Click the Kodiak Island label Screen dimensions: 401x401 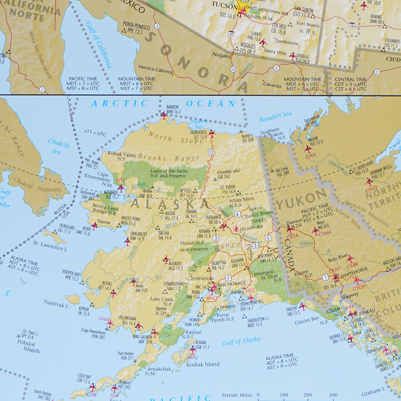pos(204,364)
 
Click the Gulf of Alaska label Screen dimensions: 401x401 pos(241,341)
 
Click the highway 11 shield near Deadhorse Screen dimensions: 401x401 pos(211,152)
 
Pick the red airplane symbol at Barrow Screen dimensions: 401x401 pos(164,116)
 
